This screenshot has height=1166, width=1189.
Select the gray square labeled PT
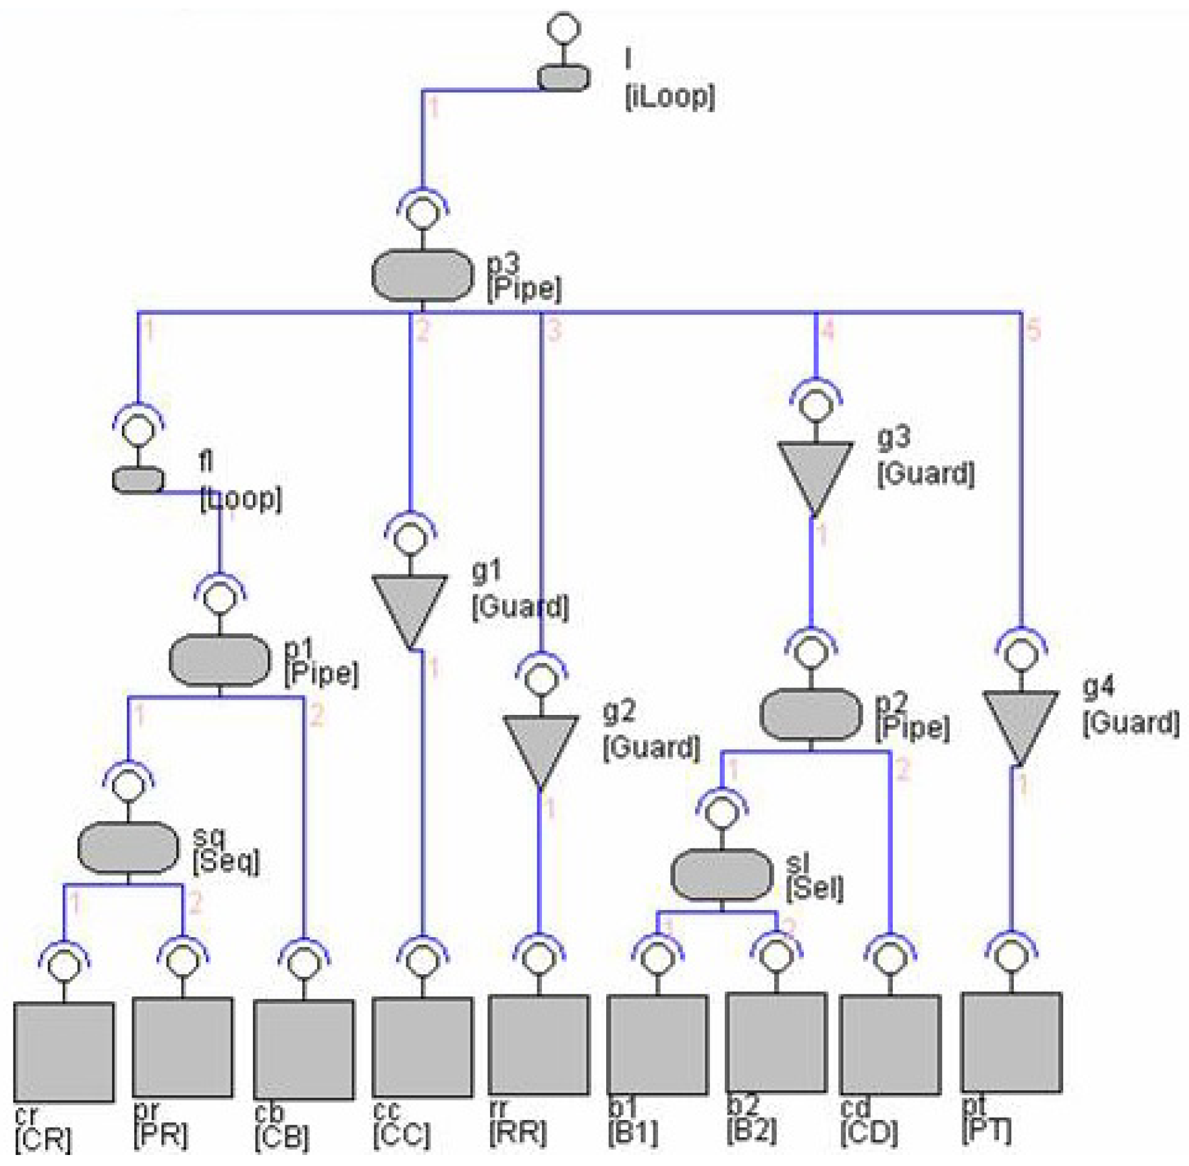(x=1011, y=1042)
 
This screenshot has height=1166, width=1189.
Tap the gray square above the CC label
(x=422, y=1047)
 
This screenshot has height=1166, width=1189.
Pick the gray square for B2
(x=776, y=1042)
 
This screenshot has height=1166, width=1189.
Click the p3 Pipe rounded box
(x=422, y=276)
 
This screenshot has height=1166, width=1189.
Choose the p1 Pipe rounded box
(x=220, y=660)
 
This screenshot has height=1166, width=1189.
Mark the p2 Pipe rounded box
(x=810, y=714)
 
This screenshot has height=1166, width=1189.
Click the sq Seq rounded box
(x=128, y=847)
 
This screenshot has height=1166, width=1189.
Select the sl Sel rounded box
(x=722, y=874)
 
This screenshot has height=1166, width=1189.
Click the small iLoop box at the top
(x=563, y=78)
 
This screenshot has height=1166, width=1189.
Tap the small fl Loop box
(x=138, y=480)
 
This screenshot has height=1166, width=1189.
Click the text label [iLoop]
(x=670, y=97)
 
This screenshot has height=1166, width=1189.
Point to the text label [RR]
(x=518, y=1132)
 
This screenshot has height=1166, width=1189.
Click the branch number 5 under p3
(x=1033, y=331)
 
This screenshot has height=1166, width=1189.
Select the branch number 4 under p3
(x=827, y=331)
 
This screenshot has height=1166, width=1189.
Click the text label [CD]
(x=869, y=1132)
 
